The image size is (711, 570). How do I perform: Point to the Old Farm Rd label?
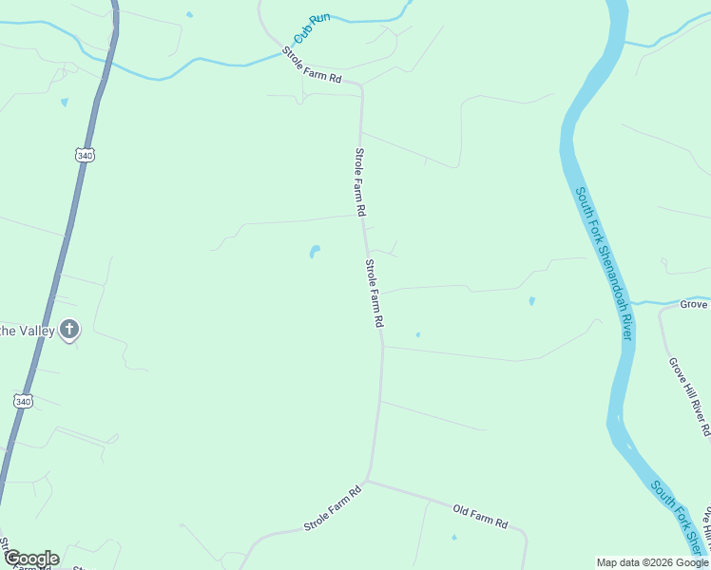click(480, 517)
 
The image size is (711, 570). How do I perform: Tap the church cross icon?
click(68, 330)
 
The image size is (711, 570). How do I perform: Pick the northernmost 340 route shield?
click(84, 155)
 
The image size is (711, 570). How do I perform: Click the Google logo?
click(31, 559)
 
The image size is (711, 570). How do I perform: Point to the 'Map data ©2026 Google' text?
click(652, 562)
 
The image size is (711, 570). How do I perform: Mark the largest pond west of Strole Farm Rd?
click(314, 252)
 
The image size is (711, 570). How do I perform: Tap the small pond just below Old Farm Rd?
click(453, 538)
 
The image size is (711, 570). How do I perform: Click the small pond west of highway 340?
click(64, 102)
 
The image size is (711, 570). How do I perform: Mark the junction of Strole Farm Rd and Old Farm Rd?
click(368, 482)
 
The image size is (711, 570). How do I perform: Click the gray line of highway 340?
click(57, 275)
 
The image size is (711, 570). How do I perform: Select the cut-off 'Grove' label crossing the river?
click(693, 304)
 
